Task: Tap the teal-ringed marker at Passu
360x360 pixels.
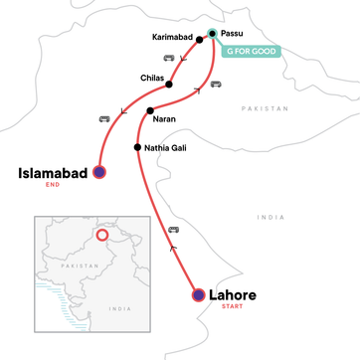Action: tap(212, 33)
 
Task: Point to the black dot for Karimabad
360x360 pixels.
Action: tap(200, 41)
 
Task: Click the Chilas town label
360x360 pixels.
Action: tap(152, 77)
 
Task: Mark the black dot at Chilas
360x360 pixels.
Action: tap(169, 84)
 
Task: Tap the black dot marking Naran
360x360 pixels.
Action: tap(149, 110)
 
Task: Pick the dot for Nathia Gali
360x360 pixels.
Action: tap(137, 148)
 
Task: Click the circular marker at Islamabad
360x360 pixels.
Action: tap(98, 172)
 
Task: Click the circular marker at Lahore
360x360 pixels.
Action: tap(198, 295)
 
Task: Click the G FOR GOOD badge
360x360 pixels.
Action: tap(255, 50)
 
